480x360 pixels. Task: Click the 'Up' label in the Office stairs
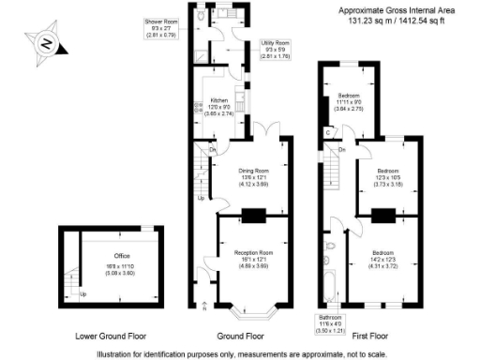83,295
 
